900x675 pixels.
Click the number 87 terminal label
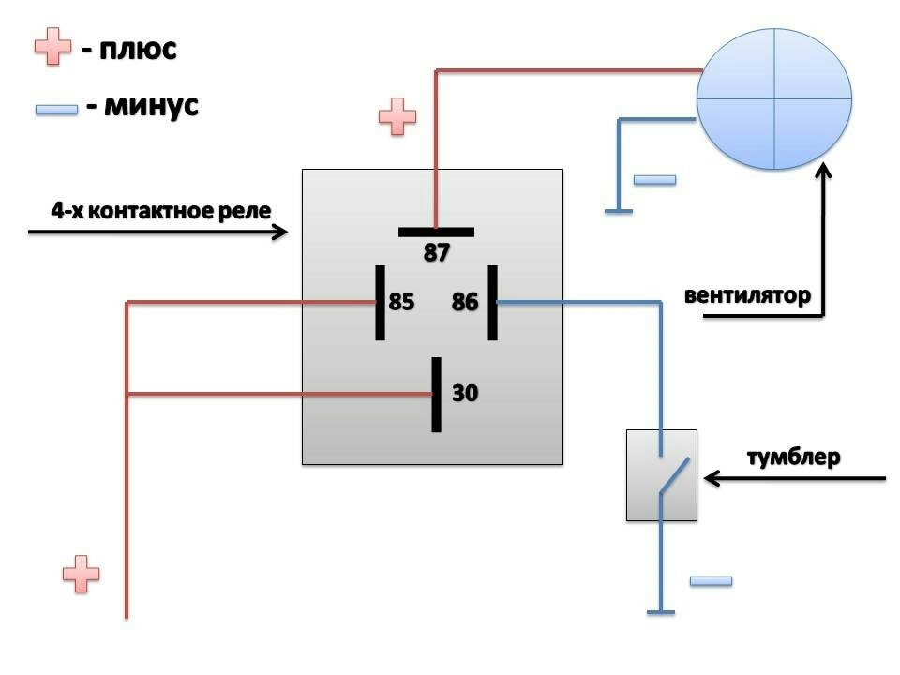click(x=437, y=252)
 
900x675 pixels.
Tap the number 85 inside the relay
click(x=401, y=302)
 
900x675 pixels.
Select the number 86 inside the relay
click(x=465, y=302)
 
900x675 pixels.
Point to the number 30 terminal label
click(x=465, y=393)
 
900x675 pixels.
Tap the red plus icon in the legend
click(x=53, y=46)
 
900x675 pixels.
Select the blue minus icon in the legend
click(x=55, y=110)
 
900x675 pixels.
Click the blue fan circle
click(x=774, y=97)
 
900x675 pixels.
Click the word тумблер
click(x=794, y=457)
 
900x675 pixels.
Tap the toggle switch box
click(x=662, y=474)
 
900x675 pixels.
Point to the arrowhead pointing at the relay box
click(x=280, y=232)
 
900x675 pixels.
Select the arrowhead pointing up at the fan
click(x=824, y=172)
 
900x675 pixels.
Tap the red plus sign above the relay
click(x=397, y=117)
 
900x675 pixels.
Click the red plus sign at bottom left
click(x=81, y=573)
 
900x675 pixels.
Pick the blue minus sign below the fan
click(x=654, y=179)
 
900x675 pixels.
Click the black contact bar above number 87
click(x=437, y=232)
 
